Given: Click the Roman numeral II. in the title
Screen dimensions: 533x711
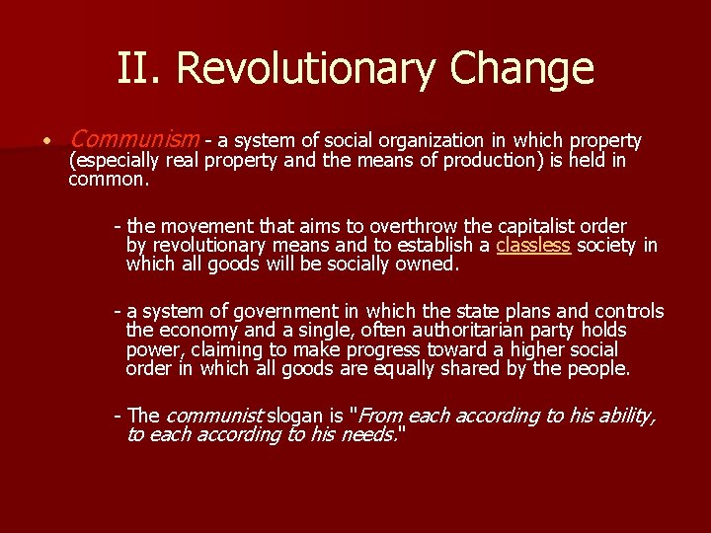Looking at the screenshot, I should (138, 68).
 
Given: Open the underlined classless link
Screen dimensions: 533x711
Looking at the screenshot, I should (533, 246).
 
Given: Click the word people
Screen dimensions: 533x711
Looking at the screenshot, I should (595, 368).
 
